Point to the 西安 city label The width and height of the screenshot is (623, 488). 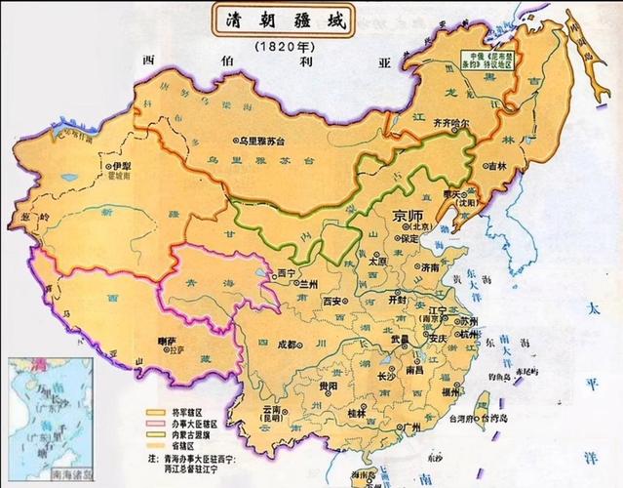pyautogui.click(x=334, y=303)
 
